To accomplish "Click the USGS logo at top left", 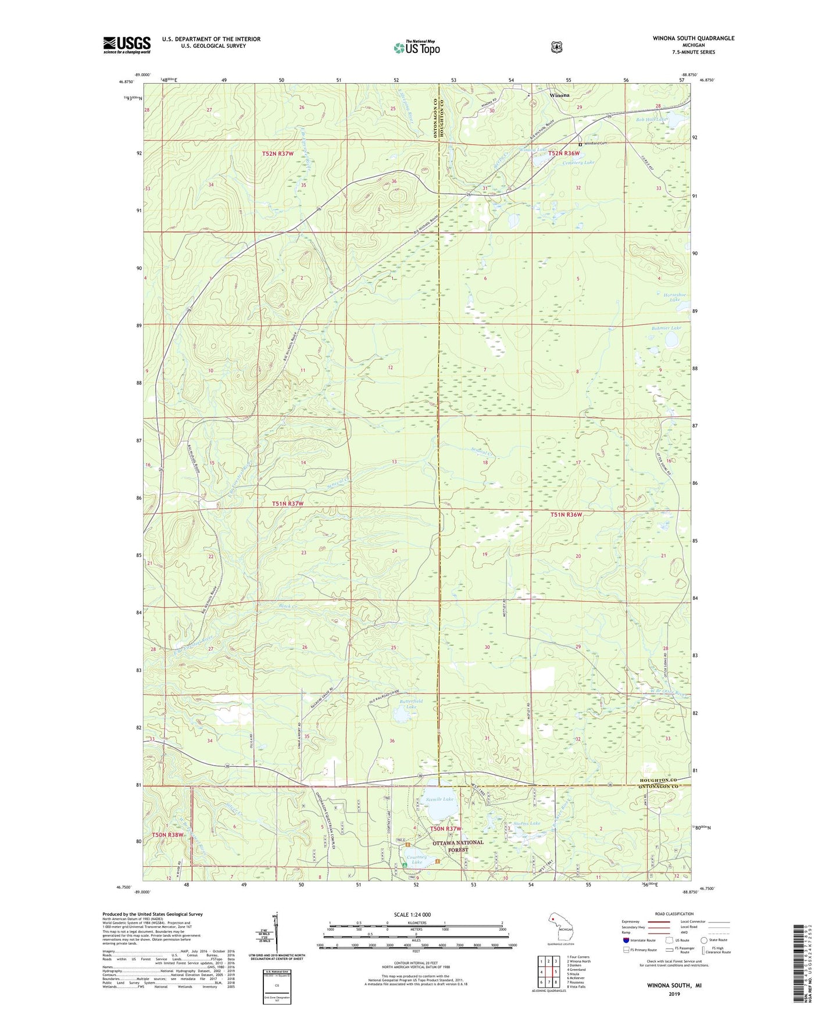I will [127, 45].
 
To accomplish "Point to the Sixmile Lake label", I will [439, 799].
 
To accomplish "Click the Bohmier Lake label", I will [666, 328].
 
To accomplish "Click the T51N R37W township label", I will [288, 503].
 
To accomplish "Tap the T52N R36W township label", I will [563, 153].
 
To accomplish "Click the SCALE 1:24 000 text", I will [412, 915].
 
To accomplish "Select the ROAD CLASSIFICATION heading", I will [673, 914].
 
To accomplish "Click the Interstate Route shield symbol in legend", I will [625, 940].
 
